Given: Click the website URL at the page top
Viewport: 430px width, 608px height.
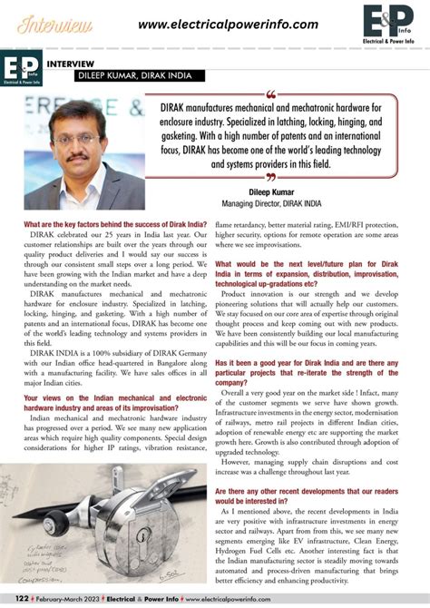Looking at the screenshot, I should click(x=228, y=25).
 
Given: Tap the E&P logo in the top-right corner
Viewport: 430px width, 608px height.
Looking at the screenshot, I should click(x=388, y=25).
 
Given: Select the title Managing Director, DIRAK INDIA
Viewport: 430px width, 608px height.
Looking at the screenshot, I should click(x=287, y=204).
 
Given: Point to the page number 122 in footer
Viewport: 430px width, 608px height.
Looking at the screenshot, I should click(x=13, y=600).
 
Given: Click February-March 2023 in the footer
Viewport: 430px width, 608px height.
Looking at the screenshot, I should click(x=64, y=600).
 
